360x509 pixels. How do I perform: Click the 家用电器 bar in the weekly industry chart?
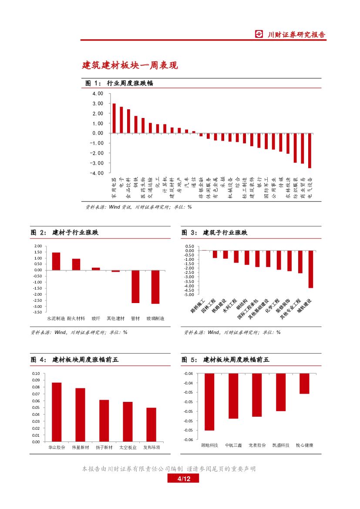[x=114, y=118]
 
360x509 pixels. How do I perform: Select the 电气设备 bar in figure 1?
[x=310, y=150]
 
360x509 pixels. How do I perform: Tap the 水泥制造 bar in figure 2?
[x=56, y=261]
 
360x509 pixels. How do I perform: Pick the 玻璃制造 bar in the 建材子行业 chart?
[x=155, y=287]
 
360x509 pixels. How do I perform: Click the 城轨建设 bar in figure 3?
[x=311, y=269]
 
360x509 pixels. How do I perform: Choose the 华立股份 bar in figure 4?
[x=57, y=412]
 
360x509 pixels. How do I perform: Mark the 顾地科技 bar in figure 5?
[x=209, y=401]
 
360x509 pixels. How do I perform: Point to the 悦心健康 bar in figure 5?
[x=304, y=384]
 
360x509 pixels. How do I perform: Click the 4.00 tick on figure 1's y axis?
[x=98, y=94]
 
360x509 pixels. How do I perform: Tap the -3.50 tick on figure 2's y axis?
[x=37, y=312]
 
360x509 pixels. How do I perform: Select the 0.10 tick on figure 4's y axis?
[x=36, y=374]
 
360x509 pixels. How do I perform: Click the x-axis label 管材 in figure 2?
[x=135, y=319]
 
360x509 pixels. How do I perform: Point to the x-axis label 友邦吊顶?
[x=151, y=447]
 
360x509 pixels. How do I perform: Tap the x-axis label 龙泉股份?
[x=257, y=445]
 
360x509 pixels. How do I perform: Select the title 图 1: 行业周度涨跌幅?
[x=119, y=83]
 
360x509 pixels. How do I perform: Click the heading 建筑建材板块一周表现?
[x=130, y=65]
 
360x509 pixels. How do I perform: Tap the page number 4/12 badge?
[x=183, y=479]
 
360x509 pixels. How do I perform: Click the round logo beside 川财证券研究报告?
[x=259, y=34]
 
